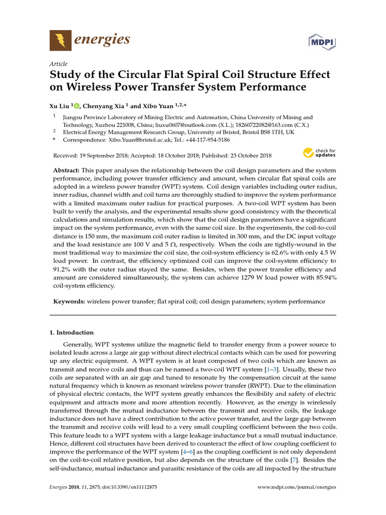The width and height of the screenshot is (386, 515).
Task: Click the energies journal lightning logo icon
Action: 60,40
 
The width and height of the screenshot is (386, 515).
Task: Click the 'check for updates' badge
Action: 319,153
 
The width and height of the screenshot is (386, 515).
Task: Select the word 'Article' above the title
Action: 58,64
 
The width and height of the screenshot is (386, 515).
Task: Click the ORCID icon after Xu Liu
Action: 77,106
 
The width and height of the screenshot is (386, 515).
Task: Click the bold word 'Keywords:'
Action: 69,301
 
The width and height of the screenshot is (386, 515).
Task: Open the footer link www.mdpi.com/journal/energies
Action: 297,487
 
